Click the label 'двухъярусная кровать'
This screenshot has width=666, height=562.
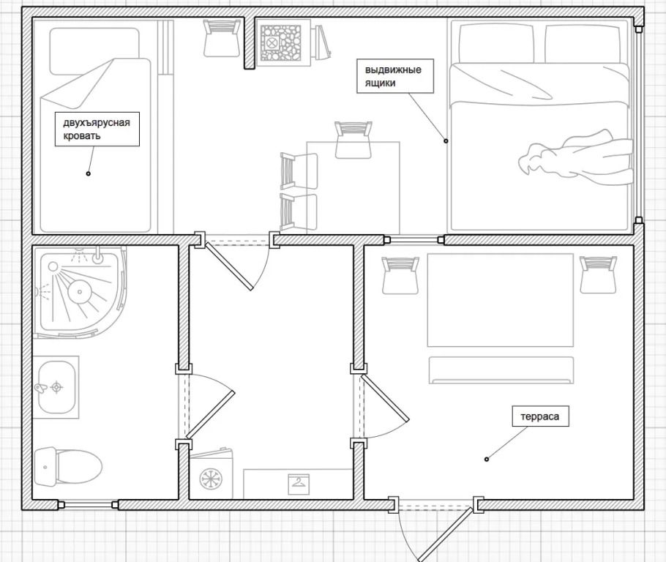97,129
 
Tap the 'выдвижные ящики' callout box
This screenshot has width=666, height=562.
394,75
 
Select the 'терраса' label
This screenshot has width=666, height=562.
540,416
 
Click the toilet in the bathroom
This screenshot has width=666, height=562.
67,466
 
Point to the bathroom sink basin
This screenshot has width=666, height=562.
56,387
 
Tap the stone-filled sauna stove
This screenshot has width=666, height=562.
280,43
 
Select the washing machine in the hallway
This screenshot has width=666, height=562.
211,473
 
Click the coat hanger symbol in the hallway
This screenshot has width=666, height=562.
299,484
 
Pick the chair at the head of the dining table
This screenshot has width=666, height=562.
353,140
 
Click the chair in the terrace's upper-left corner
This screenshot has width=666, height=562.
400,275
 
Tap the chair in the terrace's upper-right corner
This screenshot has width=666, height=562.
599,274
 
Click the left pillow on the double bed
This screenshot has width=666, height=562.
495,43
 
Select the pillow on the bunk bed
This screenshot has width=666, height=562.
94,51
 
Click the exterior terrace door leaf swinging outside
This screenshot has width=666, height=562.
445,533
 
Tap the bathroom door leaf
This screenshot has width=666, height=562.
210,415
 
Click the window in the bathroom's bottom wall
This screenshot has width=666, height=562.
88,505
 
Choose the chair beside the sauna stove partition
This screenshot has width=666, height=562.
222,38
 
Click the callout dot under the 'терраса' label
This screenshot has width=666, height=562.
487,459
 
